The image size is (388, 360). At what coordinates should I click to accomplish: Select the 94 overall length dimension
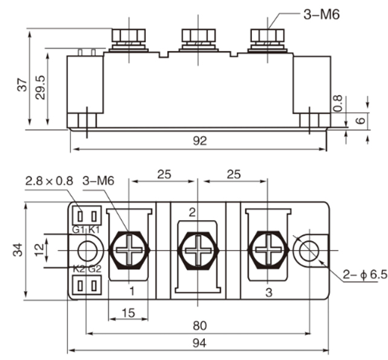[199, 343]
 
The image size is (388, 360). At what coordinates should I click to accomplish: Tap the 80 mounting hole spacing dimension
[199, 326]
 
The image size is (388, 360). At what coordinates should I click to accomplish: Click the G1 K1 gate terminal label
[87, 229]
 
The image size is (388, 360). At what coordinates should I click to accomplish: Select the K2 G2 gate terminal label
[87, 269]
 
